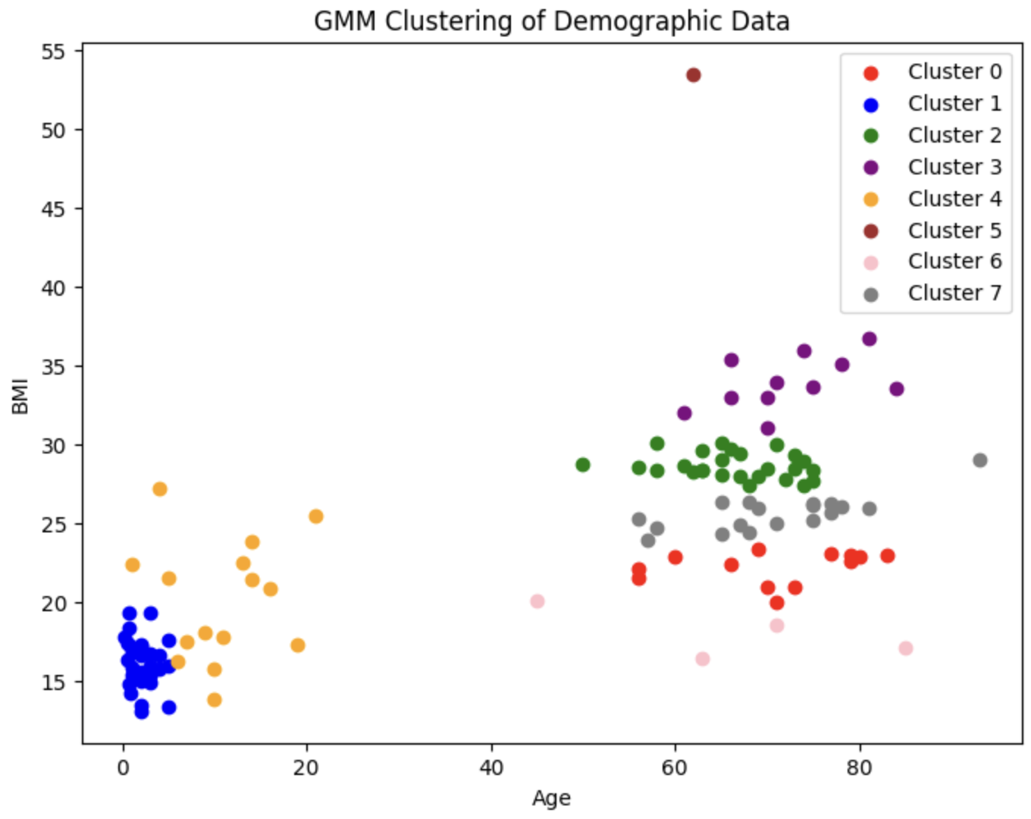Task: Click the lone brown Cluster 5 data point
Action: pos(693,75)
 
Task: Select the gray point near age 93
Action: pos(979,460)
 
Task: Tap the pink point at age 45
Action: pos(537,601)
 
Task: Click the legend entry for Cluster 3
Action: pos(954,167)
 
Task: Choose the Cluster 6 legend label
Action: pos(954,262)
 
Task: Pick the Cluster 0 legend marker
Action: pos(871,73)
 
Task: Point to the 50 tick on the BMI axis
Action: pos(53,130)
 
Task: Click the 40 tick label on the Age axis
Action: pos(491,767)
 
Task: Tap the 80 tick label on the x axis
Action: pos(860,767)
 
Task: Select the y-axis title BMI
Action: pos(20,397)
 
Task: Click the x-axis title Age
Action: pos(551,798)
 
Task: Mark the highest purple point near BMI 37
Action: pos(869,339)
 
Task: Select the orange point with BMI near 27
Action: pos(159,489)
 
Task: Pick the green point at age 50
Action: pos(582,465)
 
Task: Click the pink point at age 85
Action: pos(905,648)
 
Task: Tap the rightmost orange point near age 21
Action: pos(315,516)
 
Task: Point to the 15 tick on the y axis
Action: pos(53,682)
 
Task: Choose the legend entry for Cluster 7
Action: pos(954,293)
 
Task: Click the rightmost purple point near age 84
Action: pos(896,389)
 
